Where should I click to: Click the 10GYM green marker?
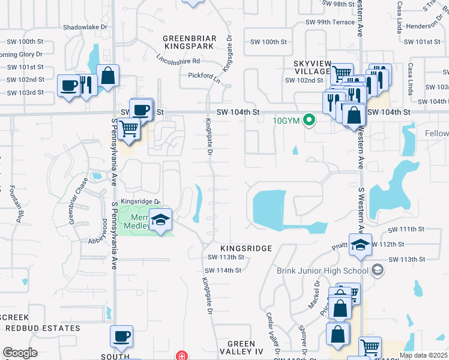(x=310, y=120)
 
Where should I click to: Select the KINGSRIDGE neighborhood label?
(x=246, y=248)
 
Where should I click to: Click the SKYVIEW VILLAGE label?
(x=312, y=67)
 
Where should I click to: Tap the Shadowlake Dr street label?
(x=85, y=28)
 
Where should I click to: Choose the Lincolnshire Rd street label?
(x=178, y=61)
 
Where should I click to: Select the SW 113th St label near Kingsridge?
(x=225, y=257)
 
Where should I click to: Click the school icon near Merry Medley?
(x=160, y=220)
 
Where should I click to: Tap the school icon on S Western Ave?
(x=360, y=245)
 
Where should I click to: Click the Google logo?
(x=20, y=353)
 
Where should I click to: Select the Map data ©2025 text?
(x=423, y=355)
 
